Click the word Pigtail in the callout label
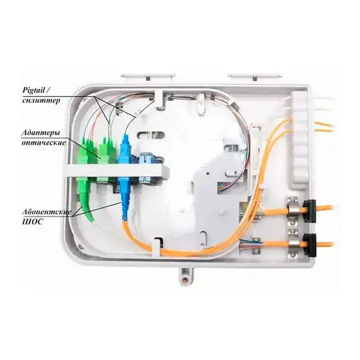tap(33, 90)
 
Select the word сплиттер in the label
tap(41, 100)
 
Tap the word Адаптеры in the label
tap(41, 133)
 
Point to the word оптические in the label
tap(44, 143)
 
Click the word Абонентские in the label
tap(47, 212)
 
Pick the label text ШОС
tap(33, 222)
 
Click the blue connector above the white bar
tap(125, 148)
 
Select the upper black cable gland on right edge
tap(309, 211)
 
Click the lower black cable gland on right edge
tap(309, 246)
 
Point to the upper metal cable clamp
tap(292, 210)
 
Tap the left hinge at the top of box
tap(148, 76)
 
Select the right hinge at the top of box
tap(255, 76)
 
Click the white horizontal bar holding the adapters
tap(116, 171)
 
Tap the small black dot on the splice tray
tap(207, 172)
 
